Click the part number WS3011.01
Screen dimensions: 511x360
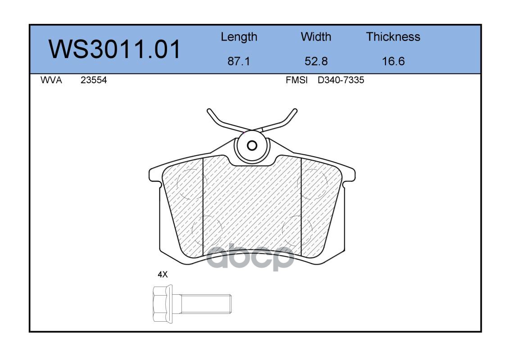(x=114, y=49)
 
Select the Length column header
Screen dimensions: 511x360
(x=239, y=37)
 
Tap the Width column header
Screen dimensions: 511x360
(x=316, y=36)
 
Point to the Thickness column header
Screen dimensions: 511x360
(x=393, y=36)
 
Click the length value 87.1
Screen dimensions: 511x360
(x=239, y=61)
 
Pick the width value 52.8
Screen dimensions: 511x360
(x=316, y=61)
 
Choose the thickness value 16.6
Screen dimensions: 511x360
(x=393, y=61)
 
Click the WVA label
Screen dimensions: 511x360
(x=51, y=80)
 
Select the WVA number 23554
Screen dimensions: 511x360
(x=94, y=80)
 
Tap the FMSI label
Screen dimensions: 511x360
(x=297, y=80)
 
